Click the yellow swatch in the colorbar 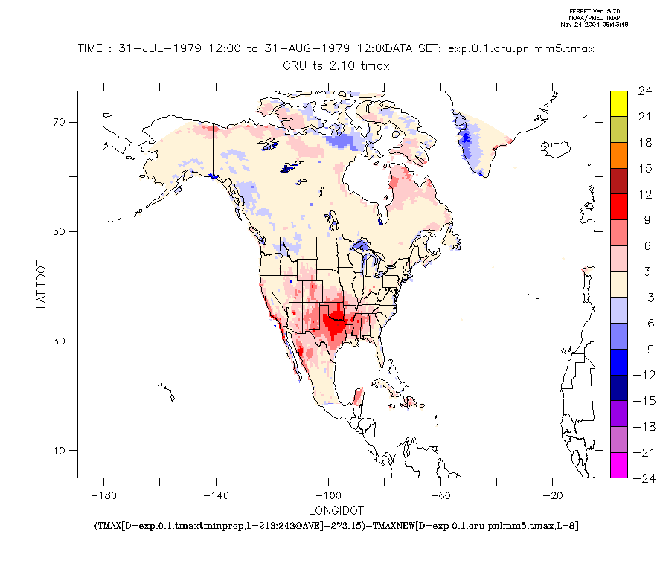coord(618,103)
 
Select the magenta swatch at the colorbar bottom coord(618,465)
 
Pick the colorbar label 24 coord(644,91)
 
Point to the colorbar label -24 coord(642,478)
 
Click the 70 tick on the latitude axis coord(59,122)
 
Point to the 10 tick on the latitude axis coord(59,451)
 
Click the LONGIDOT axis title coord(336,511)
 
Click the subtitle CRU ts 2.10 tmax coord(336,66)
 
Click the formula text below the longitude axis coord(336,526)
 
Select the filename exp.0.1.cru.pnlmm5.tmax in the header coord(522,49)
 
